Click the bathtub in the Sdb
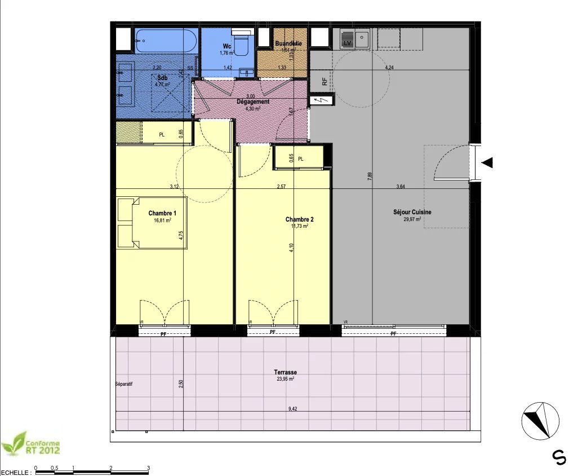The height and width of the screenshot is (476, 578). tap(166, 41)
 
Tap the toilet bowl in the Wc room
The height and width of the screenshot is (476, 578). tap(242, 44)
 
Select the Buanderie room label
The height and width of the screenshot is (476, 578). tap(288, 43)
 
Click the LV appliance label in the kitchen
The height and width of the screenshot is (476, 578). tap(347, 43)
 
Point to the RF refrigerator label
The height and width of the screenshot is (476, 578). tap(324, 81)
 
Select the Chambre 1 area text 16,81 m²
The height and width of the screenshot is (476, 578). tap(162, 221)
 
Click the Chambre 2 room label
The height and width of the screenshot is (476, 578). tap(299, 219)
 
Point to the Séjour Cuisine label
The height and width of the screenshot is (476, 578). tap(412, 212)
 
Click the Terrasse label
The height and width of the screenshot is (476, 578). tap(285, 372)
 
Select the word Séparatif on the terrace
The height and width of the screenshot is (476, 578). tap(123, 385)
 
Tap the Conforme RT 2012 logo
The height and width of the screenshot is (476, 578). tap(31, 444)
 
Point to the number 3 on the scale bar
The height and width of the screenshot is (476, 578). tap(148, 468)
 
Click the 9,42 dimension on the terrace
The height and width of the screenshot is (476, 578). tap(292, 409)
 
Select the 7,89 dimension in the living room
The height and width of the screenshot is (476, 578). tap(370, 175)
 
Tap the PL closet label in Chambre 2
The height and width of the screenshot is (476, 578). tap(300, 159)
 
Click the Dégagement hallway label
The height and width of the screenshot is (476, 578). tap(252, 102)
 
